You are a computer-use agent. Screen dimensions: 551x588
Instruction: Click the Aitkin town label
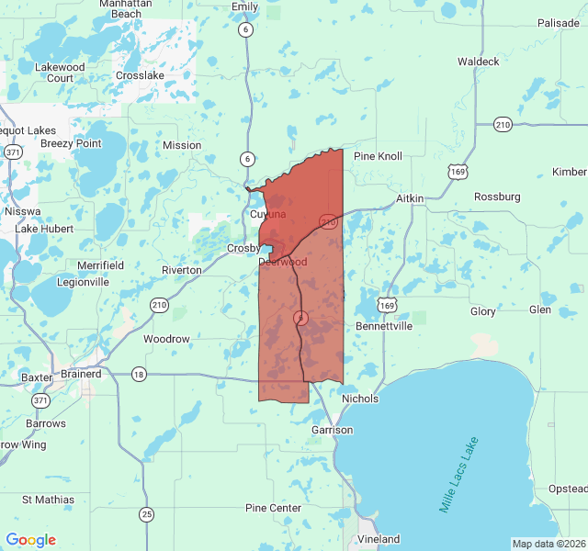pos(410,198)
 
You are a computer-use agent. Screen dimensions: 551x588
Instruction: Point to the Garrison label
pos(332,430)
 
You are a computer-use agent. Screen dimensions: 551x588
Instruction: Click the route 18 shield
pos(139,374)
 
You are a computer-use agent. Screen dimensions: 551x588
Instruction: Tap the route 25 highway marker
pos(147,513)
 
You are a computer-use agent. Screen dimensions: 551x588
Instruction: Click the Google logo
pos(31,540)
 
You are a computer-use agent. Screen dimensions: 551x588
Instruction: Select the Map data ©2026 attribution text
pos(548,544)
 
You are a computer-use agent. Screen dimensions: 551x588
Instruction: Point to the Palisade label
pos(559,23)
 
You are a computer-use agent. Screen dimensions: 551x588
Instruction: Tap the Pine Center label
pos(273,508)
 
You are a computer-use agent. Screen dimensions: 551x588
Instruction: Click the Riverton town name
pos(181,270)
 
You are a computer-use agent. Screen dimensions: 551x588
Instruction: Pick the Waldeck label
pos(479,62)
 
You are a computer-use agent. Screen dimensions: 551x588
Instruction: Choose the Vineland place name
pos(379,538)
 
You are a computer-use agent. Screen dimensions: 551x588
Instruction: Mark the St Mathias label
pos(48,500)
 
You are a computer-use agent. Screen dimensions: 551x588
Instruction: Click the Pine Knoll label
pos(378,156)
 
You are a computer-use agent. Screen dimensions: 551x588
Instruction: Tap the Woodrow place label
pos(166,339)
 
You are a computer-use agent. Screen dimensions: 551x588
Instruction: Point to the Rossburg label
pos(497,197)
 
